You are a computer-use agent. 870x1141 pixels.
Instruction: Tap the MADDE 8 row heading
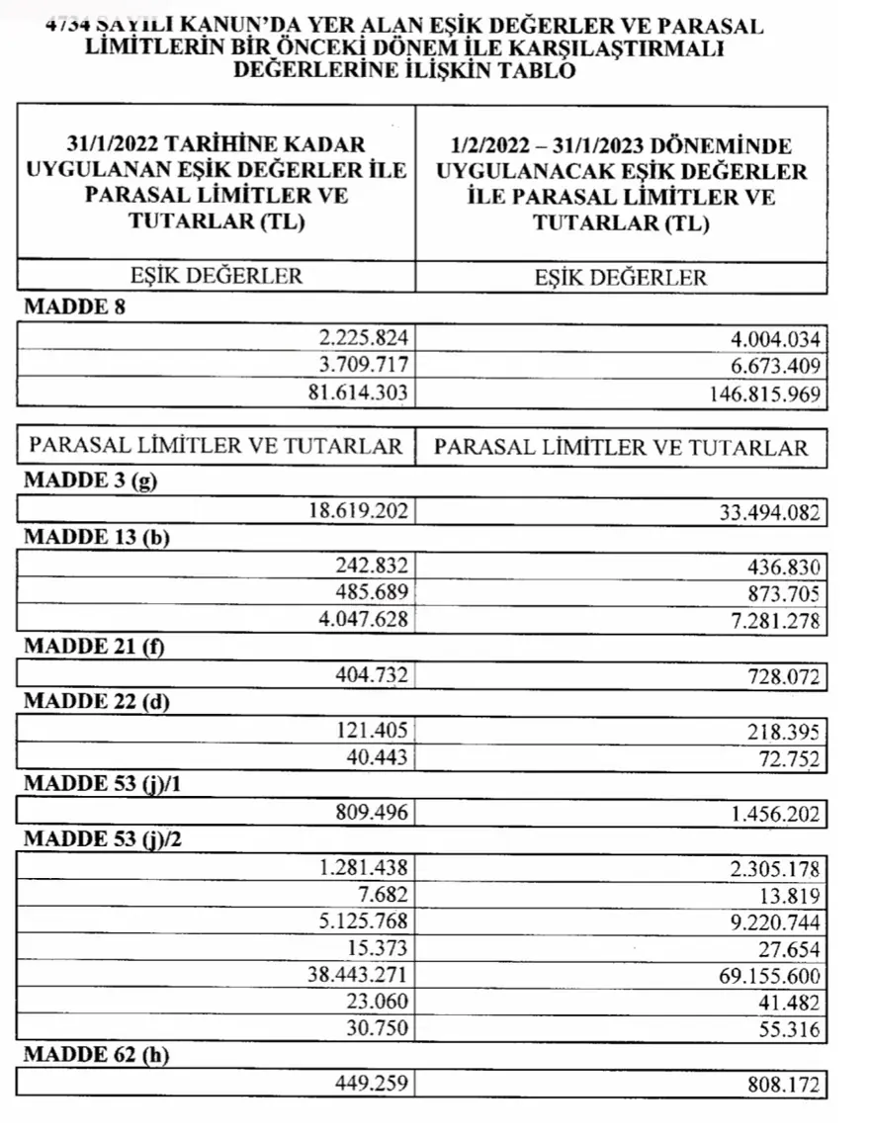(74, 307)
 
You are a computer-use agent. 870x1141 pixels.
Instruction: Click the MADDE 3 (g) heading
(90, 483)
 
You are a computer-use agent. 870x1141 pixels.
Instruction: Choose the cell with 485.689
(372, 594)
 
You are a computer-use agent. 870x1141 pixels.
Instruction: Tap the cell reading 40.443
(379, 758)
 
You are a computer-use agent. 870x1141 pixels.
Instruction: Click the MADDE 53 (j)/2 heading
(106, 839)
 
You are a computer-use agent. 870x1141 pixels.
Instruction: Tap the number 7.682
(385, 895)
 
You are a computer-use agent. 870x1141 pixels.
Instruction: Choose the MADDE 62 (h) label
(95, 1055)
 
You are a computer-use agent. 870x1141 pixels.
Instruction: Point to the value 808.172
(782, 1085)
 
